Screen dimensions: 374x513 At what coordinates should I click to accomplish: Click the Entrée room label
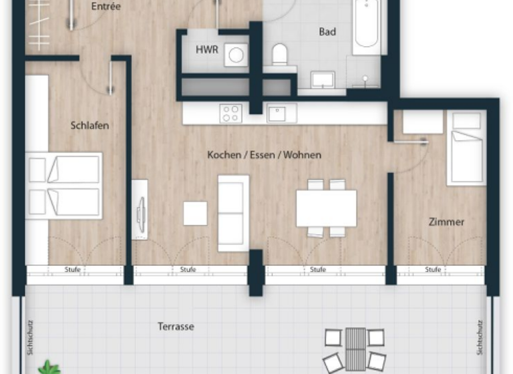point(106,7)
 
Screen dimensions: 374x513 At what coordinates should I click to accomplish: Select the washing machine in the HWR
point(235,54)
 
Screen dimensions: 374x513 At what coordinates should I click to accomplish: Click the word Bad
point(327,31)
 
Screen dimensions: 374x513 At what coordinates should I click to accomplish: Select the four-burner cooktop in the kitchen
point(231,113)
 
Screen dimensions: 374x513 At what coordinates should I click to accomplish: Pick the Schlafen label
point(90,125)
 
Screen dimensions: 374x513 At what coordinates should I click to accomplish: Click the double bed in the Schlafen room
point(64,186)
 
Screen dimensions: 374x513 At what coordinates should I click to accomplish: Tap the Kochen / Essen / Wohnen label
point(264,155)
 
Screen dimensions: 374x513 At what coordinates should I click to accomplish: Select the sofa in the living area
point(233,213)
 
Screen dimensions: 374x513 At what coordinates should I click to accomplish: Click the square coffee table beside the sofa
point(196,213)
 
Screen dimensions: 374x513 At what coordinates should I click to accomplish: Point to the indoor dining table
point(326,208)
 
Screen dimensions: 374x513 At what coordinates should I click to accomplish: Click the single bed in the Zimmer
point(466,148)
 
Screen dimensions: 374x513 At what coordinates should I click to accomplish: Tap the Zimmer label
point(446,222)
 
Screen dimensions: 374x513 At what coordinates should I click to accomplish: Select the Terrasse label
point(176,327)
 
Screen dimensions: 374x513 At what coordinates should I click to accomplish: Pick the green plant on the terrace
point(49,367)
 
